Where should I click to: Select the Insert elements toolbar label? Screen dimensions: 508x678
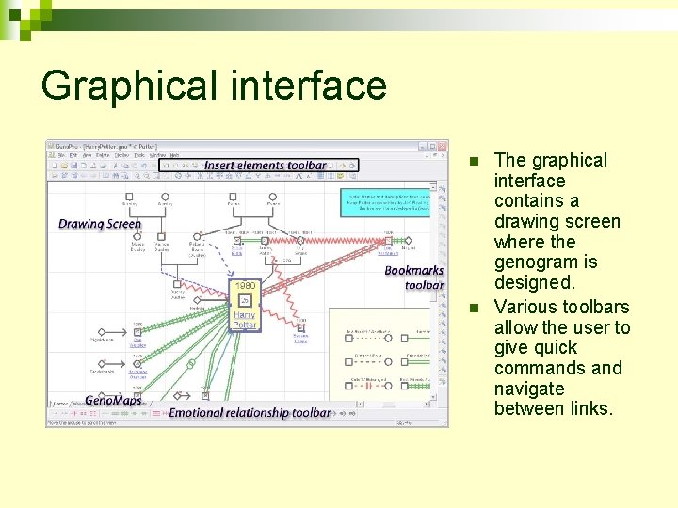coord(265,166)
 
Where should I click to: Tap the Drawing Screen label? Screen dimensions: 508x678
coord(99,224)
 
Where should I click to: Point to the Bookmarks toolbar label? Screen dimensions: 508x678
coord(414,278)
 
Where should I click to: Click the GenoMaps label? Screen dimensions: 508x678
coord(112,401)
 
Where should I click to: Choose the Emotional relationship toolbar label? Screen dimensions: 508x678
coord(250,412)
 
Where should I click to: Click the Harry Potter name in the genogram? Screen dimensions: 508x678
coord(244,320)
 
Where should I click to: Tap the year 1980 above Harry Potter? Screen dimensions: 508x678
coord(245,285)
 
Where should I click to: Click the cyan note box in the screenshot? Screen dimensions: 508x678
coord(385,203)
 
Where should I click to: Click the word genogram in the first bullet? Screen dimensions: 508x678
coord(538,262)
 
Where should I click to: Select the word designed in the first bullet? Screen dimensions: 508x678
coord(533,282)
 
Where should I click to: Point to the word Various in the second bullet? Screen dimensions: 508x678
coord(526,307)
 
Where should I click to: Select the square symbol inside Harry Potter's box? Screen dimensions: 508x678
coord(244,302)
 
